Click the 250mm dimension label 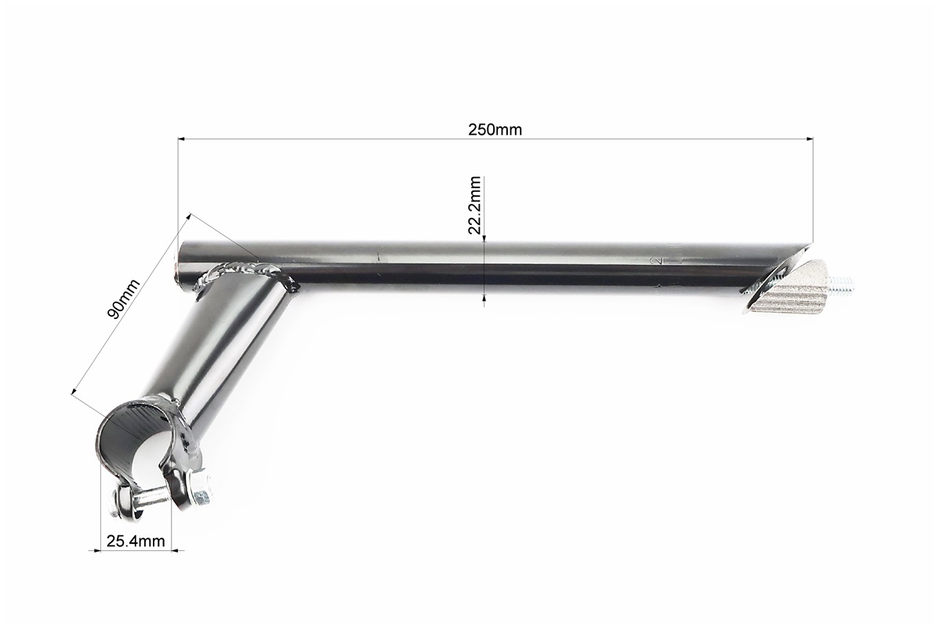[495, 129]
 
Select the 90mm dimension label [123, 299]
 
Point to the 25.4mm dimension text [136, 541]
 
